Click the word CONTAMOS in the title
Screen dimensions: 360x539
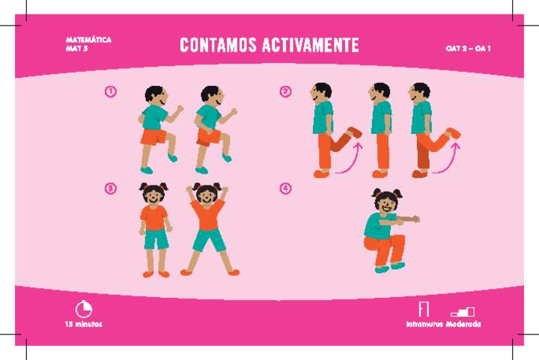pyautogui.click(x=218, y=46)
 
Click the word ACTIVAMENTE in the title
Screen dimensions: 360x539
pyautogui.click(x=310, y=46)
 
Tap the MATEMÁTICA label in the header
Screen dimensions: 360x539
pyautogui.click(x=88, y=39)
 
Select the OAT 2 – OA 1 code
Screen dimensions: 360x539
pyautogui.click(x=468, y=49)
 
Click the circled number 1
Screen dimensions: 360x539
pyautogui.click(x=111, y=92)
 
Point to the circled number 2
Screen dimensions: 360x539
pyautogui.click(x=285, y=92)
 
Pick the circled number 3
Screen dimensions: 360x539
pyautogui.click(x=111, y=189)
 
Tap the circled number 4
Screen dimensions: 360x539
pyautogui.click(x=285, y=189)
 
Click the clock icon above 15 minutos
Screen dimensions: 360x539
pyautogui.click(x=83, y=308)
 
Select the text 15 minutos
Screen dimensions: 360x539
pyautogui.click(x=82, y=325)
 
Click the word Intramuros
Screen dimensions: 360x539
pyautogui.click(x=424, y=325)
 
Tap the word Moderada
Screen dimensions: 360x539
pyautogui.click(x=463, y=325)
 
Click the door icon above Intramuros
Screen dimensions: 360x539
pyautogui.click(x=424, y=308)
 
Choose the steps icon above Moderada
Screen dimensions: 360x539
pyautogui.click(x=463, y=311)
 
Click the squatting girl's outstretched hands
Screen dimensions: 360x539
pyautogui.click(x=410, y=219)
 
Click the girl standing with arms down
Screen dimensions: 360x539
pyautogui.click(x=154, y=228)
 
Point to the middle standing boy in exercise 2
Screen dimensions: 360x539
pyautogui.click(x=381, y=127)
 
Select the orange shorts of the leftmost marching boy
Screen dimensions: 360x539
pyautogui.click(x=153, y=137)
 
